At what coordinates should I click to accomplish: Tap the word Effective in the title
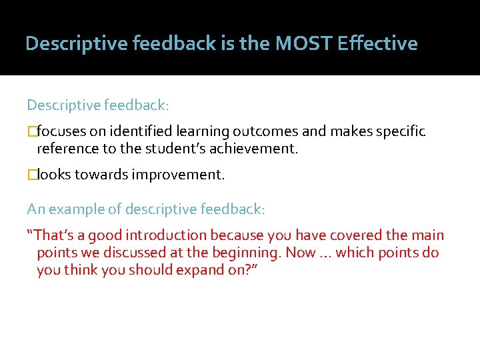377,44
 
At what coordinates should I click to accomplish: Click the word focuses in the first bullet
59,131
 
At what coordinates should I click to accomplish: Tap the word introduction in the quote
166,235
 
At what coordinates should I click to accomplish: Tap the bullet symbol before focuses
31,131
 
